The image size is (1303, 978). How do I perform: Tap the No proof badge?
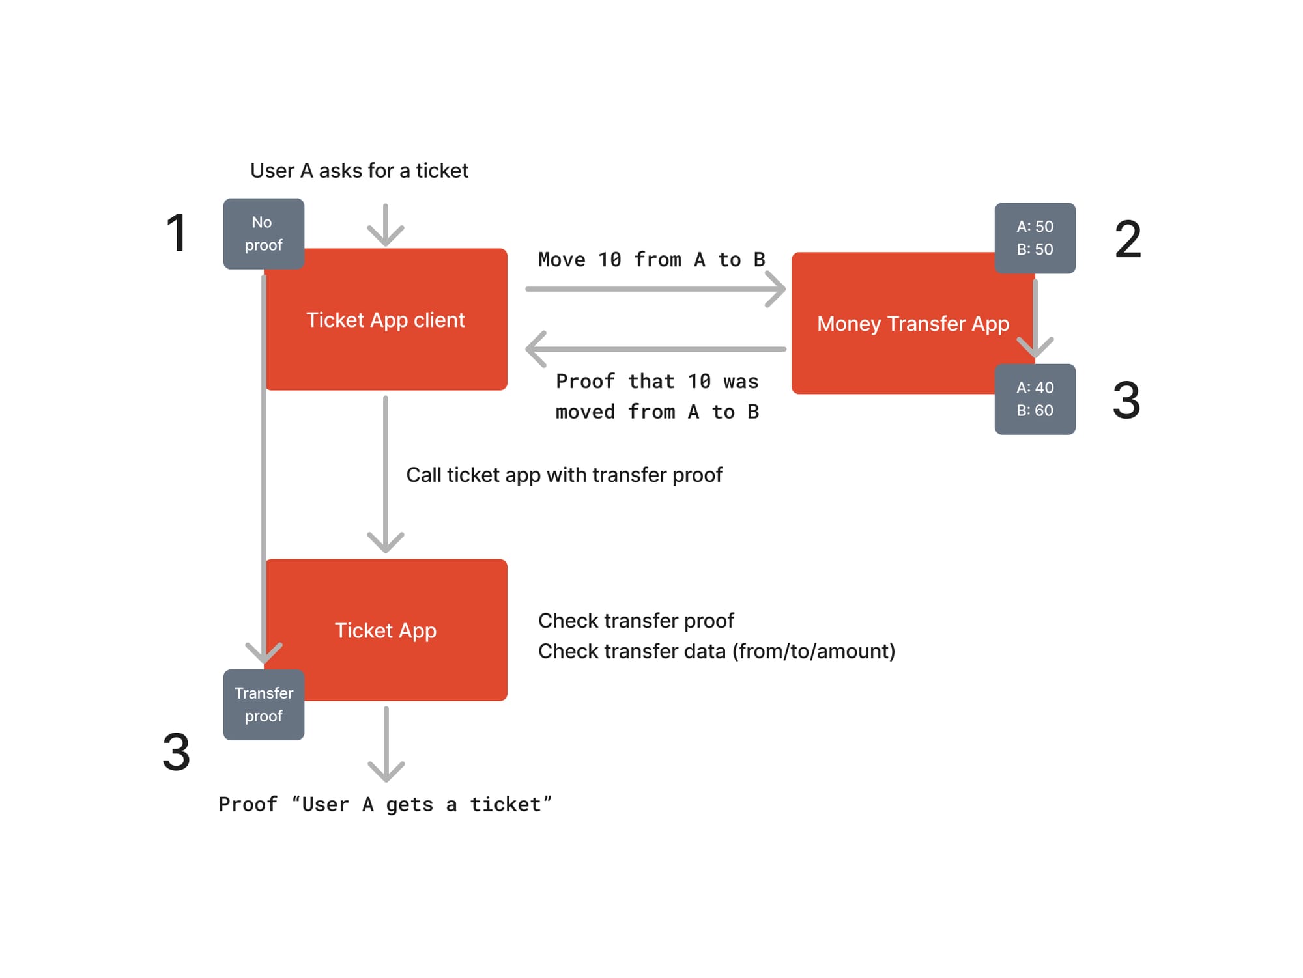tap(263, 234)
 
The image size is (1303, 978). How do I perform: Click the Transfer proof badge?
tap(263, 705)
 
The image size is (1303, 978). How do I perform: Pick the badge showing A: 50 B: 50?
tap(1035, 238)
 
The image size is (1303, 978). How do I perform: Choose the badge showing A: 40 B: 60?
tap(1035, 399)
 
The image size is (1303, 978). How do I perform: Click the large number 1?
tap(177, 232)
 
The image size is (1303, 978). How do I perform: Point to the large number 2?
tap(1128, 239)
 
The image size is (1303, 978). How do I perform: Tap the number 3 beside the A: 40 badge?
tap(1126, 400)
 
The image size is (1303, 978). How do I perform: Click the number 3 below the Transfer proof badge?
tap(176, 752)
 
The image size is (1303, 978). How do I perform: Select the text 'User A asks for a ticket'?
tap(359, 171)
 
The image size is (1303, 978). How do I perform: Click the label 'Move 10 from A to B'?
tap(651, 260)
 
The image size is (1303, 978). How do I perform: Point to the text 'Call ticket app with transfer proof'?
tap(564, 475)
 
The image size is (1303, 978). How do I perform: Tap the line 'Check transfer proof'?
tap(636, 621)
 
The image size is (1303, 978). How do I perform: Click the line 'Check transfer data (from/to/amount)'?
tap(717, 651)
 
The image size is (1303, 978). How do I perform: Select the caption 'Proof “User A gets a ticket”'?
tap(385, 805)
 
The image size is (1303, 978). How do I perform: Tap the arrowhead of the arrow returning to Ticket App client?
tap(535, 349)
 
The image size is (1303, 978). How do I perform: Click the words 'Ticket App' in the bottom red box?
tap(386, 630)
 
